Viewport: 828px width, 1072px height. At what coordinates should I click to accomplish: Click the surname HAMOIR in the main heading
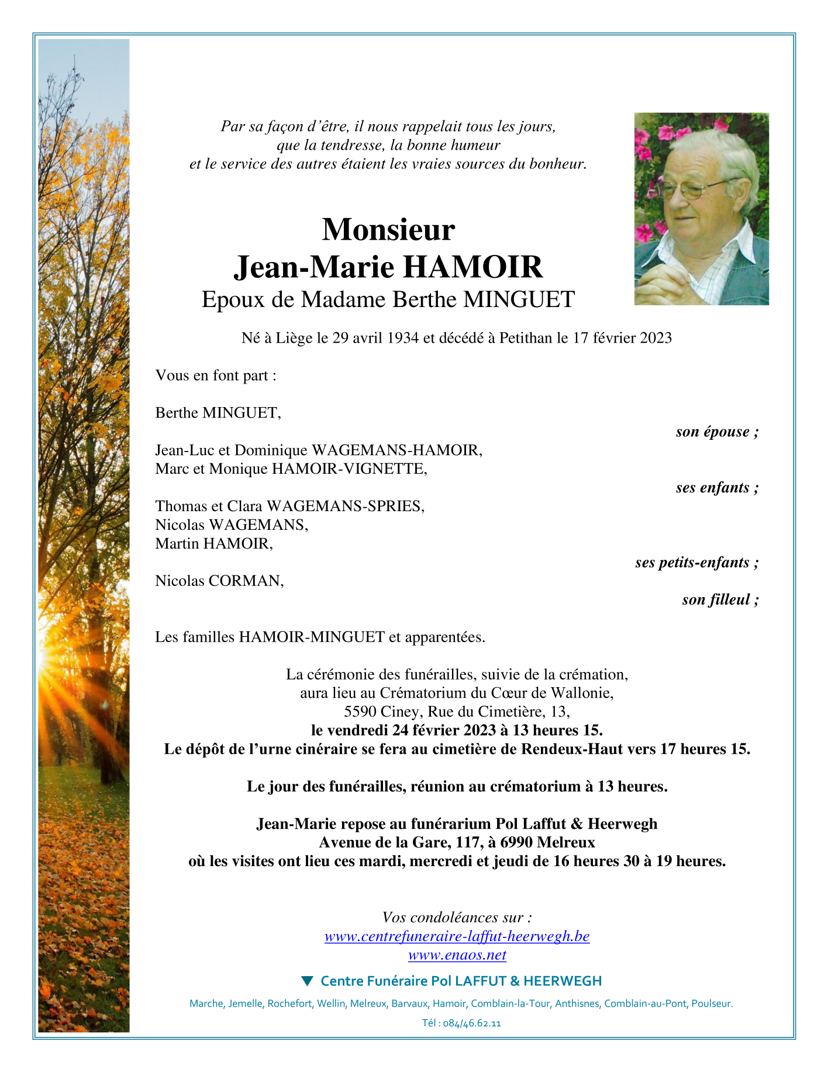(x=473, y=267)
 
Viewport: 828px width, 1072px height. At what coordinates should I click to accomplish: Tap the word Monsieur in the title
(x=388, y=229)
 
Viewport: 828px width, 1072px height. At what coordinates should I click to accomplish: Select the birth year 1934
(x=403, y=338)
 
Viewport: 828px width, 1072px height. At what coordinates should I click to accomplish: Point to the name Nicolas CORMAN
(x=219, y=581)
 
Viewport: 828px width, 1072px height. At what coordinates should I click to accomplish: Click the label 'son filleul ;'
(x=720, y=599)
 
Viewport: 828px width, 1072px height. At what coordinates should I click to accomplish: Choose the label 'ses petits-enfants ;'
(x=696, y=562)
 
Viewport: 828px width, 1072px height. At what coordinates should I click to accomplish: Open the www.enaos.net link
(x=457, y=955)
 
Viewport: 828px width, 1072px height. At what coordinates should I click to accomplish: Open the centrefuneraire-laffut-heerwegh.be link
(x=457, y=936)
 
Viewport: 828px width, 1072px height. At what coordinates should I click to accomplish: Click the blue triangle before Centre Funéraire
(x=306, y=981)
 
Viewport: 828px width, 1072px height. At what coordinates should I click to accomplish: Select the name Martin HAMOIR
(x=214, y=543)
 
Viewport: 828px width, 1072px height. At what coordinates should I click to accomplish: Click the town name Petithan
(x=525, y=338)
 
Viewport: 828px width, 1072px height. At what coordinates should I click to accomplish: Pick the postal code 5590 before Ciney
(x=360, y=712)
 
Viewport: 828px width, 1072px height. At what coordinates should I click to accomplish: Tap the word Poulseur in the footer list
(x=711, y=1004)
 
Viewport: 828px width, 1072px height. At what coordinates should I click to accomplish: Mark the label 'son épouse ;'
(x=717, y=432)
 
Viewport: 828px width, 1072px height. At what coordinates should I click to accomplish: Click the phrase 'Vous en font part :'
(x=216, y=375)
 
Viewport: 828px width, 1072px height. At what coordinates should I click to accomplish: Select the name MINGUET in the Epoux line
(x=519, y=299)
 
